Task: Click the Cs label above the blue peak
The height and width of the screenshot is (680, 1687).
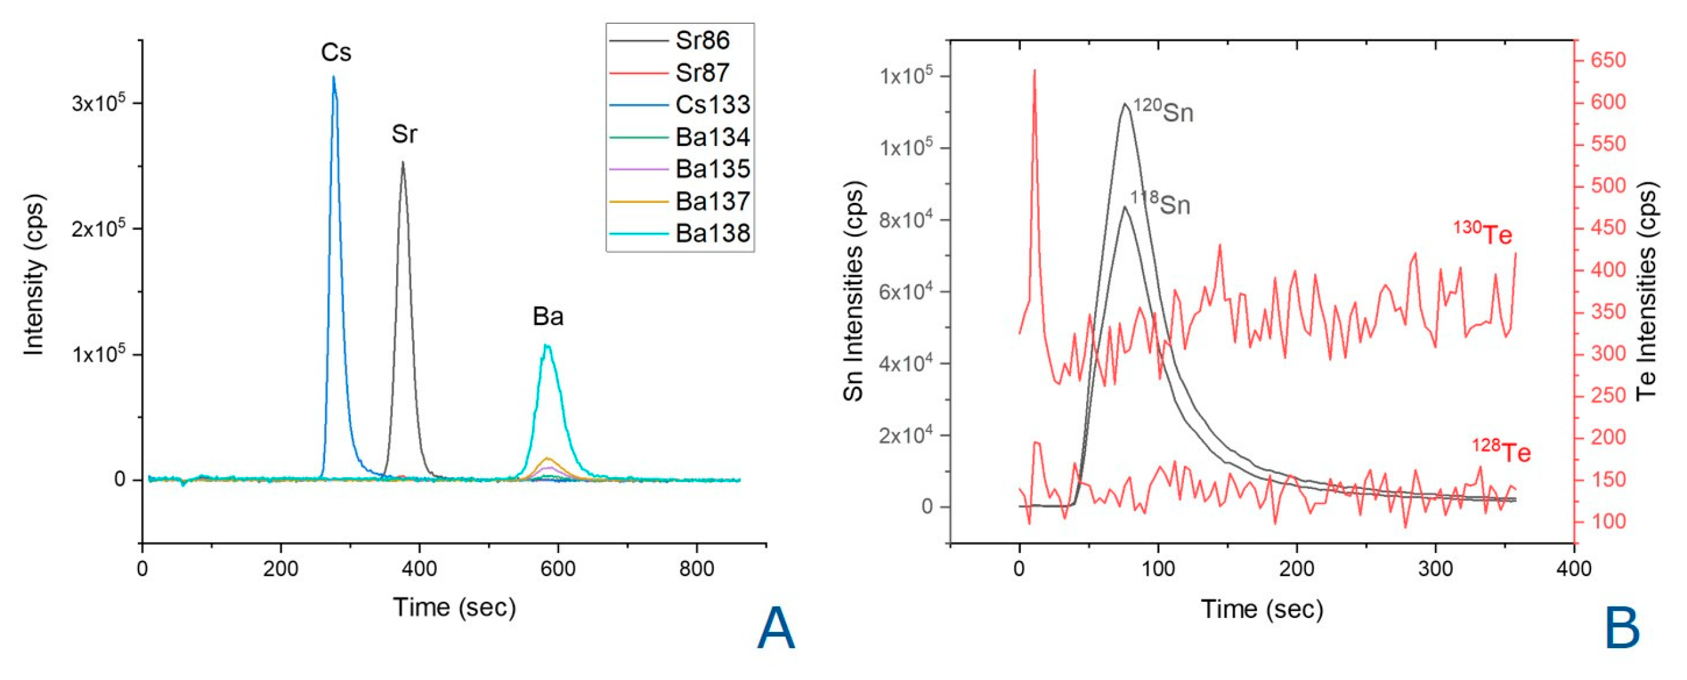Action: click(x=336, y=53)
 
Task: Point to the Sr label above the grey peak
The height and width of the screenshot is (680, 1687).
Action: click(x=404, y=134)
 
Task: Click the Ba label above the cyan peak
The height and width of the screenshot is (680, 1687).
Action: click(x=548, y=317)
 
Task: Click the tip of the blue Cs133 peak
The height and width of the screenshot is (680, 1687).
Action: click(x=333, y=77)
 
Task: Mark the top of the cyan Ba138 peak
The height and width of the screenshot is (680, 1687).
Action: click(x=547, y=346)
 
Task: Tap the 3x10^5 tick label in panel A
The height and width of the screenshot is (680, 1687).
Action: click(x=98, y=103)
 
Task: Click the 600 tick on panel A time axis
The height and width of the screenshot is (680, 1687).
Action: click(x=557, y=568)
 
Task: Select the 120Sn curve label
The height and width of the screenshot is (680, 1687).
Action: click(x=1164, y=111)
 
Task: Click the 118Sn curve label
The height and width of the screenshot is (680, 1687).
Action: click(x=1160, y=203)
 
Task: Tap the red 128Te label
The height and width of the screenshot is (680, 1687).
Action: click(x=1502, y=451)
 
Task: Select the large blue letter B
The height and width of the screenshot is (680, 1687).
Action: click(x=1622, y=629)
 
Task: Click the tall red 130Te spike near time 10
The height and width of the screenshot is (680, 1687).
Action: click(x=1034, y=71)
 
